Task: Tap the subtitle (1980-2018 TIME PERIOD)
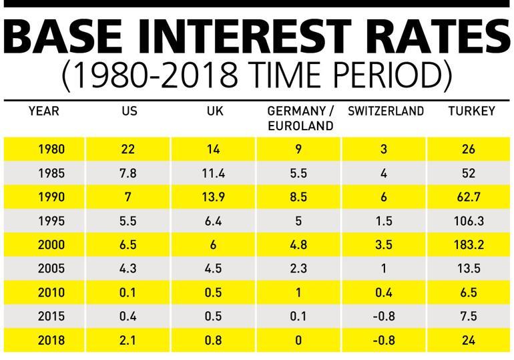coord(257,77)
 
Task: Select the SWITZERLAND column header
coord(385,112)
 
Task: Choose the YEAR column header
coord(44,112)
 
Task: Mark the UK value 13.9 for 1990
coord(214,197)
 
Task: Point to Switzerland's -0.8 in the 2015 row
coord(384,315)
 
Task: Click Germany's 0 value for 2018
coord(298,339)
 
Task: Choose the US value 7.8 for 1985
coord(128,173)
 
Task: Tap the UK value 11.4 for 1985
coord(214,173)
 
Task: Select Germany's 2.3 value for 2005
coord(298,268)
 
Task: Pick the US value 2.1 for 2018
coord(128,339)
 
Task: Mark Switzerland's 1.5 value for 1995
coord(384,220)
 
